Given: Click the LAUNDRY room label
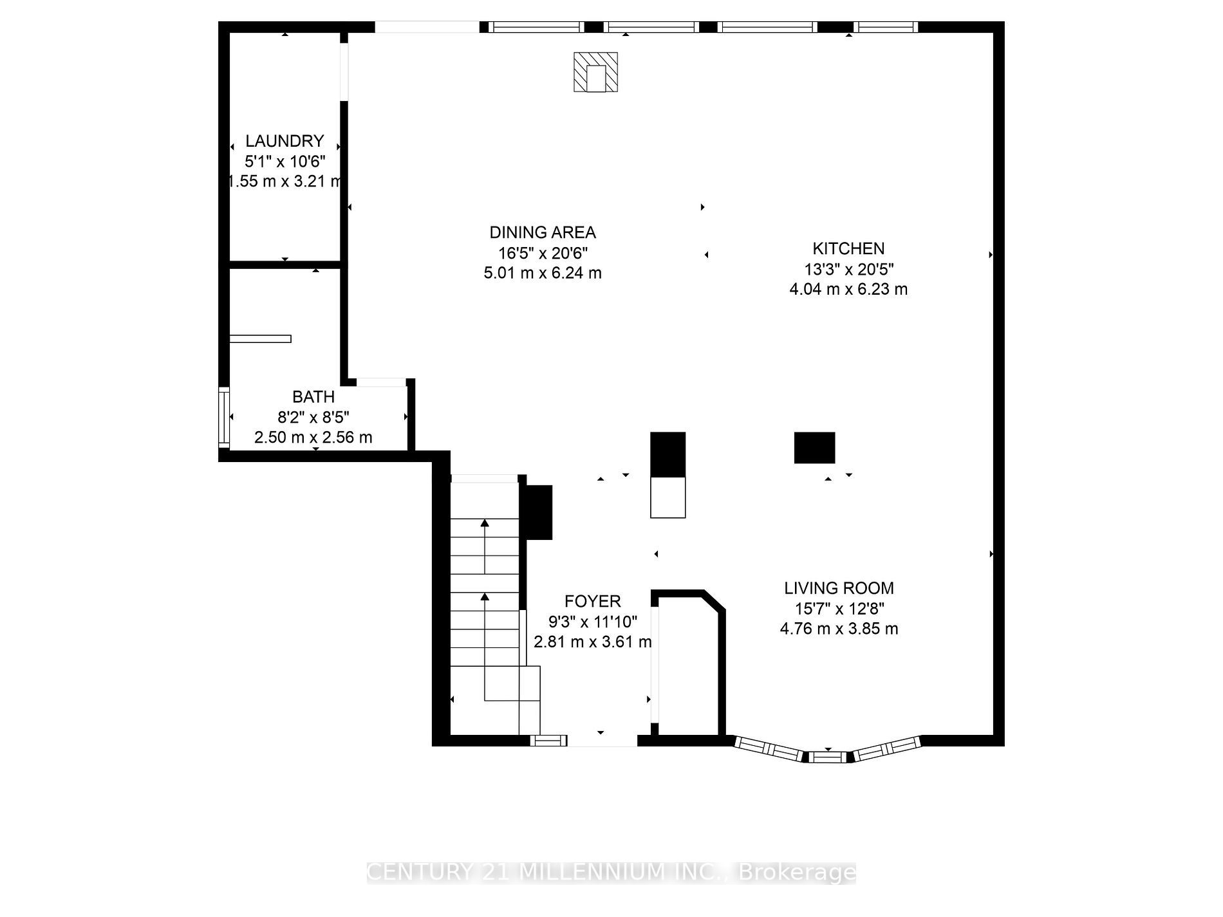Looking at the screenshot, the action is click(x=285, y=141).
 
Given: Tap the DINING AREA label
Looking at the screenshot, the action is click(x=543, y=232).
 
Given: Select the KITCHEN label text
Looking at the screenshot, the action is click(x=848, y=248).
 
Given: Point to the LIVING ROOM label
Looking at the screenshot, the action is click(x=839, y=588).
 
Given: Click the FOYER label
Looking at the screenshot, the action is click(x=593, y=602).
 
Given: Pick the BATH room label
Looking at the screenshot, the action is click(x=313, y=397).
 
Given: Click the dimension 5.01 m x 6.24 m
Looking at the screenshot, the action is click(x=543, y=273).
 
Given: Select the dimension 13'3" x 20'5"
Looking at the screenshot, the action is click(x=848, y=269).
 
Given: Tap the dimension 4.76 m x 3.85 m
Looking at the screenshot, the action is click(x=839, y=629).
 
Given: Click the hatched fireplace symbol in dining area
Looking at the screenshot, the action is click(x=596, y=72).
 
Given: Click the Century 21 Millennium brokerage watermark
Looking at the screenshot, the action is click(x=611, y=873).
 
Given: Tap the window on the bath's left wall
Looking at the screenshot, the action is click(x=224, y=417).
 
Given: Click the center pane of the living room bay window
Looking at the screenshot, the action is click(x=828, y=757).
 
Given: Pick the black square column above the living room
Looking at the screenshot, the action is click(x=814, y=448).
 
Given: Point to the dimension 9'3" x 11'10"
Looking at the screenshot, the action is click(x=593, y=622).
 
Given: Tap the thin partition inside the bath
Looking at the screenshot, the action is click(x=260, y=339).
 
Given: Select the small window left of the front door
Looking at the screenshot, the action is click(x=548, y=741).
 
